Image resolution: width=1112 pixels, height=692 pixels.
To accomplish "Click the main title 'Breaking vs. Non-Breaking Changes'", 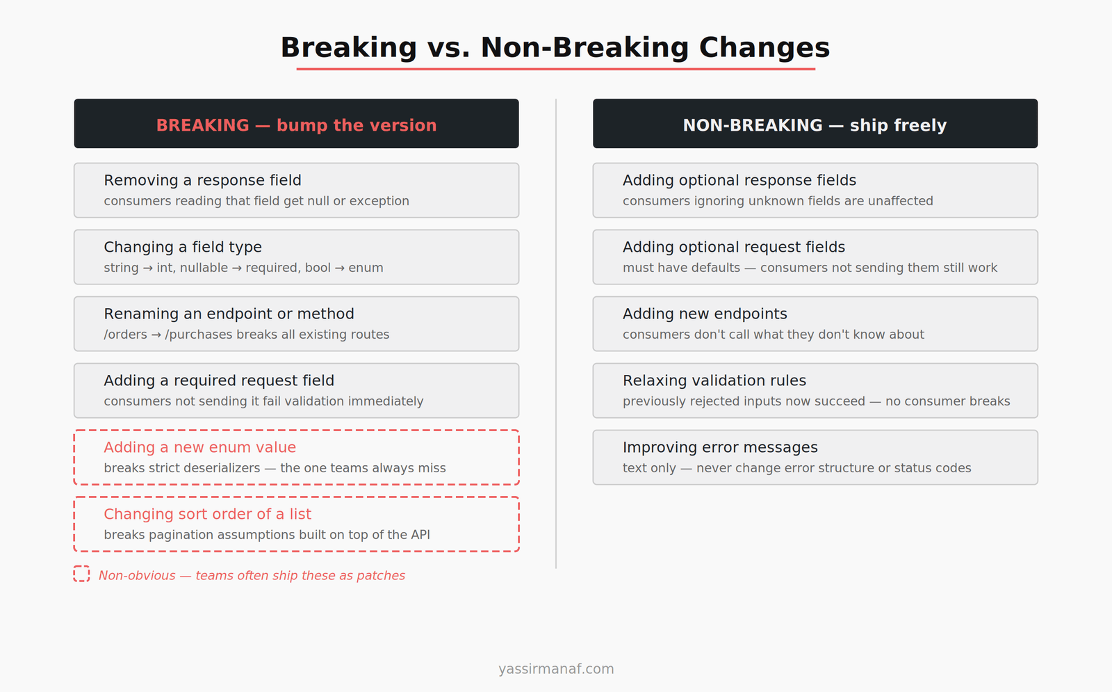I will (555, 48).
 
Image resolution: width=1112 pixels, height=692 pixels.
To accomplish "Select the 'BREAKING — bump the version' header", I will (296, 125).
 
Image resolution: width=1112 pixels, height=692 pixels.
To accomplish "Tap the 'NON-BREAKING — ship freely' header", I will (815, 125).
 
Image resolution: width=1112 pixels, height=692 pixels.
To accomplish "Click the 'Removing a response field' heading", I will (202, 180).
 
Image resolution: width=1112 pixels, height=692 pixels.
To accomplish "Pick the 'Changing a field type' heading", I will (183, 247).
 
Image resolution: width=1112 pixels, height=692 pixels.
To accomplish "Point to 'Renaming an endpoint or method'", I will (229, 314).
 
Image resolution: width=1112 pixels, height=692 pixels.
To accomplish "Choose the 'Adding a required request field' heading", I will (219, 380).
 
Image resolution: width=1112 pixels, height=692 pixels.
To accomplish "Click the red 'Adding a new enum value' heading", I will (199, 447).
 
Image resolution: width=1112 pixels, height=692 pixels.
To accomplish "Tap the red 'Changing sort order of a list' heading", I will (207, 514).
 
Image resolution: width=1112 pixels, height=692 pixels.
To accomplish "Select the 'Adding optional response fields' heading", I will (739, 180).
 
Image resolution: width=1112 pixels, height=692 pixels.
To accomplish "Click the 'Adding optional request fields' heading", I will (733, 247).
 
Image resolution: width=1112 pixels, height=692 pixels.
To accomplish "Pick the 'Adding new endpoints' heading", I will (705, 314).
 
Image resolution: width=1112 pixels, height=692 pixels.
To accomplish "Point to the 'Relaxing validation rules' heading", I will (714, 380).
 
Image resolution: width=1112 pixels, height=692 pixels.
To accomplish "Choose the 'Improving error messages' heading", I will (720, 447).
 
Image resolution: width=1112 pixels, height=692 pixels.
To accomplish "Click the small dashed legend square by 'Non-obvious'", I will (81, 574).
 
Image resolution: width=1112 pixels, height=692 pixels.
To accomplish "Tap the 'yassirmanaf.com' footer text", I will (556, 669).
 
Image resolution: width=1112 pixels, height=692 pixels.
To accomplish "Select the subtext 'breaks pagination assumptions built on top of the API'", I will (267, 535).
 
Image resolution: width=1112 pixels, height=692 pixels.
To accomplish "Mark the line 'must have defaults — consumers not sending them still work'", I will (810, 268).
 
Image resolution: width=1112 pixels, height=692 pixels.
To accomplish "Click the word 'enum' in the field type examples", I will (366, 268).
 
